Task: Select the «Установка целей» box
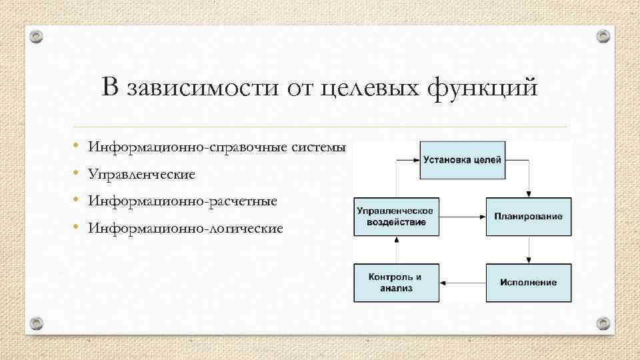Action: [462, 160]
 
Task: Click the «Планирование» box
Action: [528, 217]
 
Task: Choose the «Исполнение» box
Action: [528, 283]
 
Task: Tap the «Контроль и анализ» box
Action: [397, 283]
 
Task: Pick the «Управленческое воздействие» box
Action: [397, 217]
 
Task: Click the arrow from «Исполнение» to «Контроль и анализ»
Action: [463, 283]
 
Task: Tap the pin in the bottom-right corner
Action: [603, 323]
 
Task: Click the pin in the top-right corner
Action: [603, 35]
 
